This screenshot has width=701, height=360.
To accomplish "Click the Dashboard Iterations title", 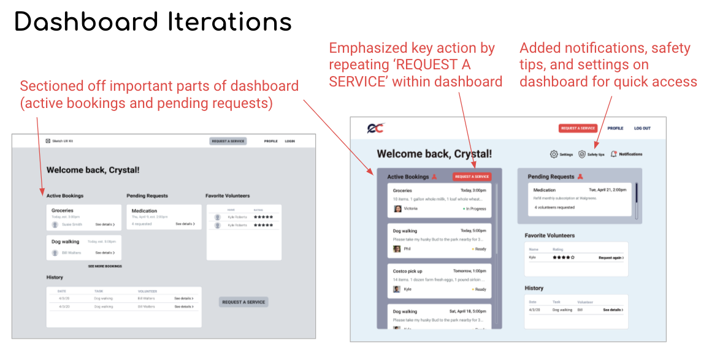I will (153, 22).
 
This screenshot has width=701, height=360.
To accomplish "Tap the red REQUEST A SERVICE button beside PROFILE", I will (577, 128).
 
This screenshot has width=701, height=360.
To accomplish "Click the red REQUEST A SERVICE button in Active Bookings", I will (472, 177).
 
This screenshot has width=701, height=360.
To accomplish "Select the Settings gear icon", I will (554, 155).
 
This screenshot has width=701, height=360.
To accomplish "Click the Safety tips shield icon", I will (582, 155).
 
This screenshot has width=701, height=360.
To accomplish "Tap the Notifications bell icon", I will (613, 155).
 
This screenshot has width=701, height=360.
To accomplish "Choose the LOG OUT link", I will (642, 128).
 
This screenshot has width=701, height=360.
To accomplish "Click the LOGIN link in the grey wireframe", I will (289, 141).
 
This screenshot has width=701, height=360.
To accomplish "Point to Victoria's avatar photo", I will (397, 209).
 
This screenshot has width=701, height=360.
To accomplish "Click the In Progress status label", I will (475, 209).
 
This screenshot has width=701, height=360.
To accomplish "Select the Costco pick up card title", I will (407, 271).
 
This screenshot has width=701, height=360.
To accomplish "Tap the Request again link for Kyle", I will (611, 258).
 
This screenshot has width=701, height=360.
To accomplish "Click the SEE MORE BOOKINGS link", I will (105, 266).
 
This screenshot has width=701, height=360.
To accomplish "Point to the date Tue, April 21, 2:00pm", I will (608, 190).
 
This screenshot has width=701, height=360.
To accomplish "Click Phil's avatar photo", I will (397, 249).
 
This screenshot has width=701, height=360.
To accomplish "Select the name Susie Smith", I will (72, 224).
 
